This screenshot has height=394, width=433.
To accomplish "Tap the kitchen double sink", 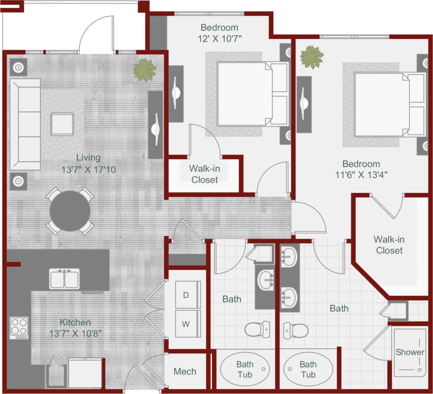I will (64, 279).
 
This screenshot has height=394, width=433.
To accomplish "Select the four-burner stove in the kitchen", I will (19, 328).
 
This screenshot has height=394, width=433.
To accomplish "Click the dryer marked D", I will (187, 295).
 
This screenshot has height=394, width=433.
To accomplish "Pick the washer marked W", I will (187, 324).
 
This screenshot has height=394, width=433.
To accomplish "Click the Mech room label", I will (185, 371).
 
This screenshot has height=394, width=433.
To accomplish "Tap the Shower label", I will (410, 352).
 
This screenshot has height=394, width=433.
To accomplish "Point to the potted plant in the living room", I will (145, 70).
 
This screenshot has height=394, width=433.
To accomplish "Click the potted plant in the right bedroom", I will (311, 57).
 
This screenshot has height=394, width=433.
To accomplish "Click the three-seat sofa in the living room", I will (25, 124).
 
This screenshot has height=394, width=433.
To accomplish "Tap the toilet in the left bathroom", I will (257, 329).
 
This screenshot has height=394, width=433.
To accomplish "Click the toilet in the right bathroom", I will (296, 331).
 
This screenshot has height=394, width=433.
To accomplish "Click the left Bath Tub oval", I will (245, 369).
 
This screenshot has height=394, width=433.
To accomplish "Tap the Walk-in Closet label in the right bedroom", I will (389, 245).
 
